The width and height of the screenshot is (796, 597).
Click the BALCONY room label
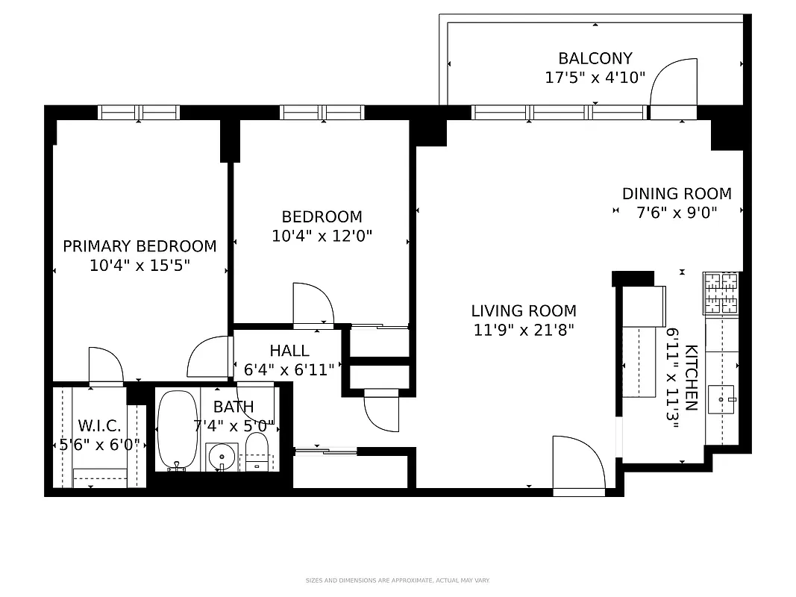pyautogui.click(x=595, y=58)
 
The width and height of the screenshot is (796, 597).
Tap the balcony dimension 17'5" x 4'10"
pyautogui.click(x=595, y=77)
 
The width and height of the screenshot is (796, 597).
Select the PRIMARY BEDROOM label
pyautogui.click(x=140, y=246)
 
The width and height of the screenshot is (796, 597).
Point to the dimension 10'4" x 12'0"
pyautogui.click(x=322, y=236)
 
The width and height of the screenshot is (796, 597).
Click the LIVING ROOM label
pyautogui.click(x=524, y=311)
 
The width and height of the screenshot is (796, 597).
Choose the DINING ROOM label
pyautogui.click(x=677, y=194)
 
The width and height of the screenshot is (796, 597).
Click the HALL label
pyautogui.click(x=289, y=351)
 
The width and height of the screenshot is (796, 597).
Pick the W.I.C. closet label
pyautogui.click(x=99, y=427)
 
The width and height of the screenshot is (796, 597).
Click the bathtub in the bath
pyautogui.click(x=176, y=429)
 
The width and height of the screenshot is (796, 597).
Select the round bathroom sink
pyautogui.click(x=221, y=455)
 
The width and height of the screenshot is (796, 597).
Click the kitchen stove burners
pyautogui.click(x=721, y=293)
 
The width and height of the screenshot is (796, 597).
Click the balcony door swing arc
pyautogui.click(x=673, y=84)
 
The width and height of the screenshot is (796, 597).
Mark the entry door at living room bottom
pyautogui.click(x=578, y=466)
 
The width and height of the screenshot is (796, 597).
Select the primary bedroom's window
pyautogui.click(x=139, y=113)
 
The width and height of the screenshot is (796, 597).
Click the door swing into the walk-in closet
pyautogui.click(x=106, y=366)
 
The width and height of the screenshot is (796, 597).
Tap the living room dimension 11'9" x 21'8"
pyautogui.click(x=524, y=330)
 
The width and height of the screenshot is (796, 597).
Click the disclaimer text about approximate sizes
pyautogui.click(x=397, y=580)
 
